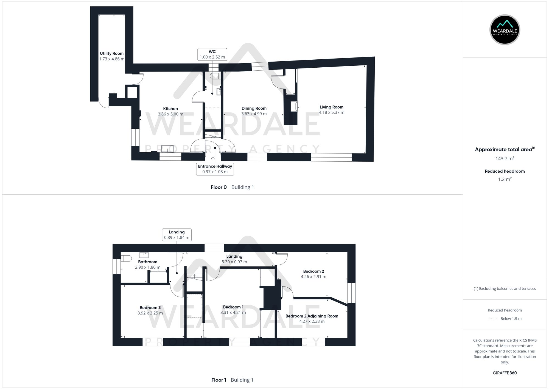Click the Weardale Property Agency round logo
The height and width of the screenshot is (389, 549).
(505, 30)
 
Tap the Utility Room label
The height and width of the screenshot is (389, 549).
(111, 53)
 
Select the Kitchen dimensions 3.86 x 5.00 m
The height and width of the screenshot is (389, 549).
(170, 114)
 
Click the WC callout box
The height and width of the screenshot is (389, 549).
(212, 54)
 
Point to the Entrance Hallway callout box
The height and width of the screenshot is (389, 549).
(215, 169)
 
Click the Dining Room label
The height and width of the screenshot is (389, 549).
(254, 108)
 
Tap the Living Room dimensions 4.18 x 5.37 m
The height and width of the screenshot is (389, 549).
(331, 112)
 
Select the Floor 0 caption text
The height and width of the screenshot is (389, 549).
(219, 187)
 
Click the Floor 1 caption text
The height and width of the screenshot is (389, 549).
(219, 380)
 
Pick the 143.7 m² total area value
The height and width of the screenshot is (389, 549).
(505, 159)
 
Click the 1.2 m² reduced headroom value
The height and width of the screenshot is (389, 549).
(505, 179)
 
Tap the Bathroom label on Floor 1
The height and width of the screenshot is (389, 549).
(148, 262)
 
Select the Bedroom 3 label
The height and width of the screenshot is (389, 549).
(150, 308)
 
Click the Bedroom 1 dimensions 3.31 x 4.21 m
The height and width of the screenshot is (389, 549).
(233, 313)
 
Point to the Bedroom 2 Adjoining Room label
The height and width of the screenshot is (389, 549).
(312, 316)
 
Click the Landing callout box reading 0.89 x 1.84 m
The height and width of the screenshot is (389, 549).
(177, 235)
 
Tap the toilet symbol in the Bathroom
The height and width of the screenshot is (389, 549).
(126, 258)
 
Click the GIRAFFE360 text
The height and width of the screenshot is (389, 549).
(505, 373)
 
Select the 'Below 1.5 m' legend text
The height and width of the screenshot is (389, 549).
(511, 319)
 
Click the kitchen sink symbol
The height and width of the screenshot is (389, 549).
(167, 148)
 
